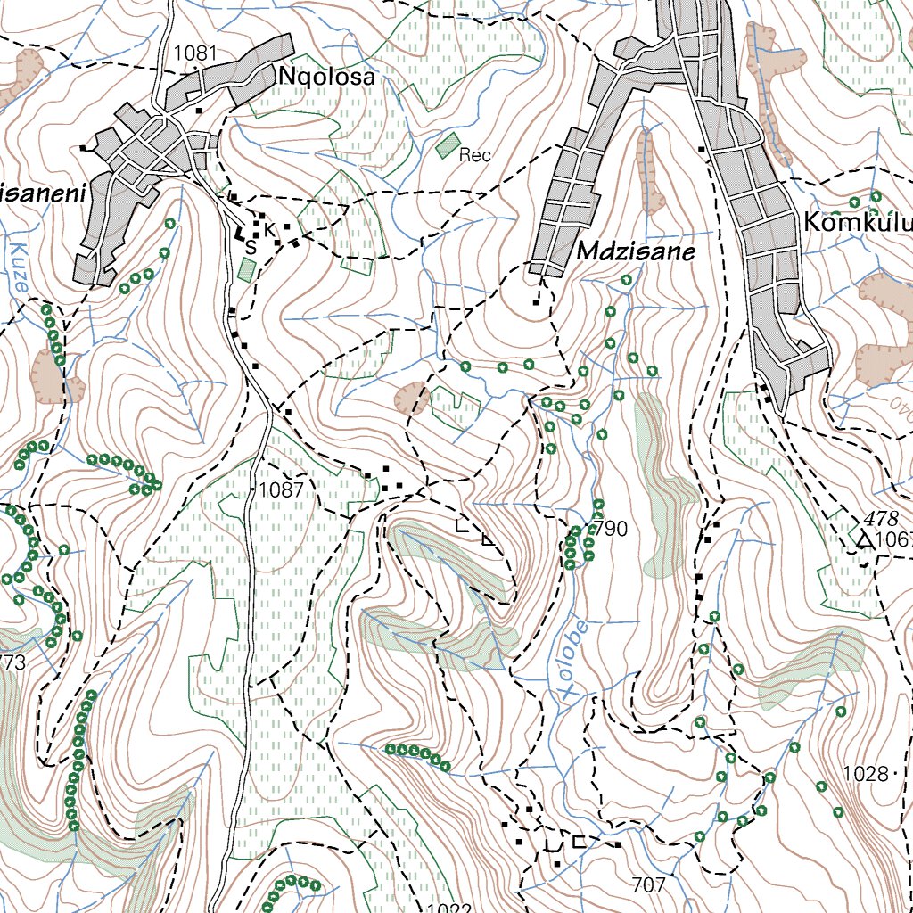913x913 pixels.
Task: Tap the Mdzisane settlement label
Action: [635, 252]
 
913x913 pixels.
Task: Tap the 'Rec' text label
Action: [475, 156]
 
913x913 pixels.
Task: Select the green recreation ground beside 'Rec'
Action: [448, 144]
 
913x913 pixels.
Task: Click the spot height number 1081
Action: [195, 53]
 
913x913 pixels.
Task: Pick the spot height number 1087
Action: [282, 489]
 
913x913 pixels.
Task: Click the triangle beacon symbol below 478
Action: [863, 540]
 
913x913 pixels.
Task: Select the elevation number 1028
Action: [865, 774]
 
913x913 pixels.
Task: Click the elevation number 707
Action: [647, 885]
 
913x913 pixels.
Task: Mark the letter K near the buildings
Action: [269, 229]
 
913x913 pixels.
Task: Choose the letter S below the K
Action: [251, 247]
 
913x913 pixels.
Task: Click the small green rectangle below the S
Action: [247, 270]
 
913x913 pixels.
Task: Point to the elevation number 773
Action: [12, 662]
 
